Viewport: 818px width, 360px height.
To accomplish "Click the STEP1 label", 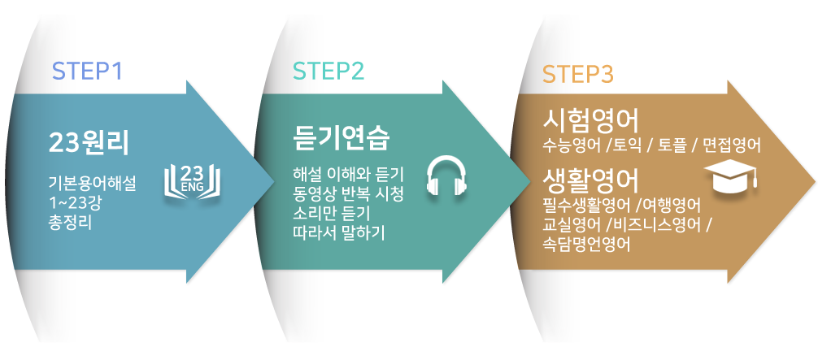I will coord(87,72).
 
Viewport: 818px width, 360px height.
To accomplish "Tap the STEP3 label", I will coord(577,74).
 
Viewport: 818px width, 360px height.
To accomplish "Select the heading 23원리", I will coord(89,142).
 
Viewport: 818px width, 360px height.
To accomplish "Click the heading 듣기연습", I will coord(342,139).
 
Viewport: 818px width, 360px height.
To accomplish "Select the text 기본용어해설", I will coord(92,184).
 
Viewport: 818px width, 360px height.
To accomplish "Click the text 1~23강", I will coord(75,202).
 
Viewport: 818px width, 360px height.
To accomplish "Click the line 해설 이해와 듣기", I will coord(348,175).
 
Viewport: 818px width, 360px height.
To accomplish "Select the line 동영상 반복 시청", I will coord(348,194).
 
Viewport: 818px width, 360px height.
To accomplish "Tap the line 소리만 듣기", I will coord(331,213).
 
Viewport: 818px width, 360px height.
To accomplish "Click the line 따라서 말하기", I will coord(339,232).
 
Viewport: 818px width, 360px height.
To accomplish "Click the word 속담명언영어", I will coord(586,243).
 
